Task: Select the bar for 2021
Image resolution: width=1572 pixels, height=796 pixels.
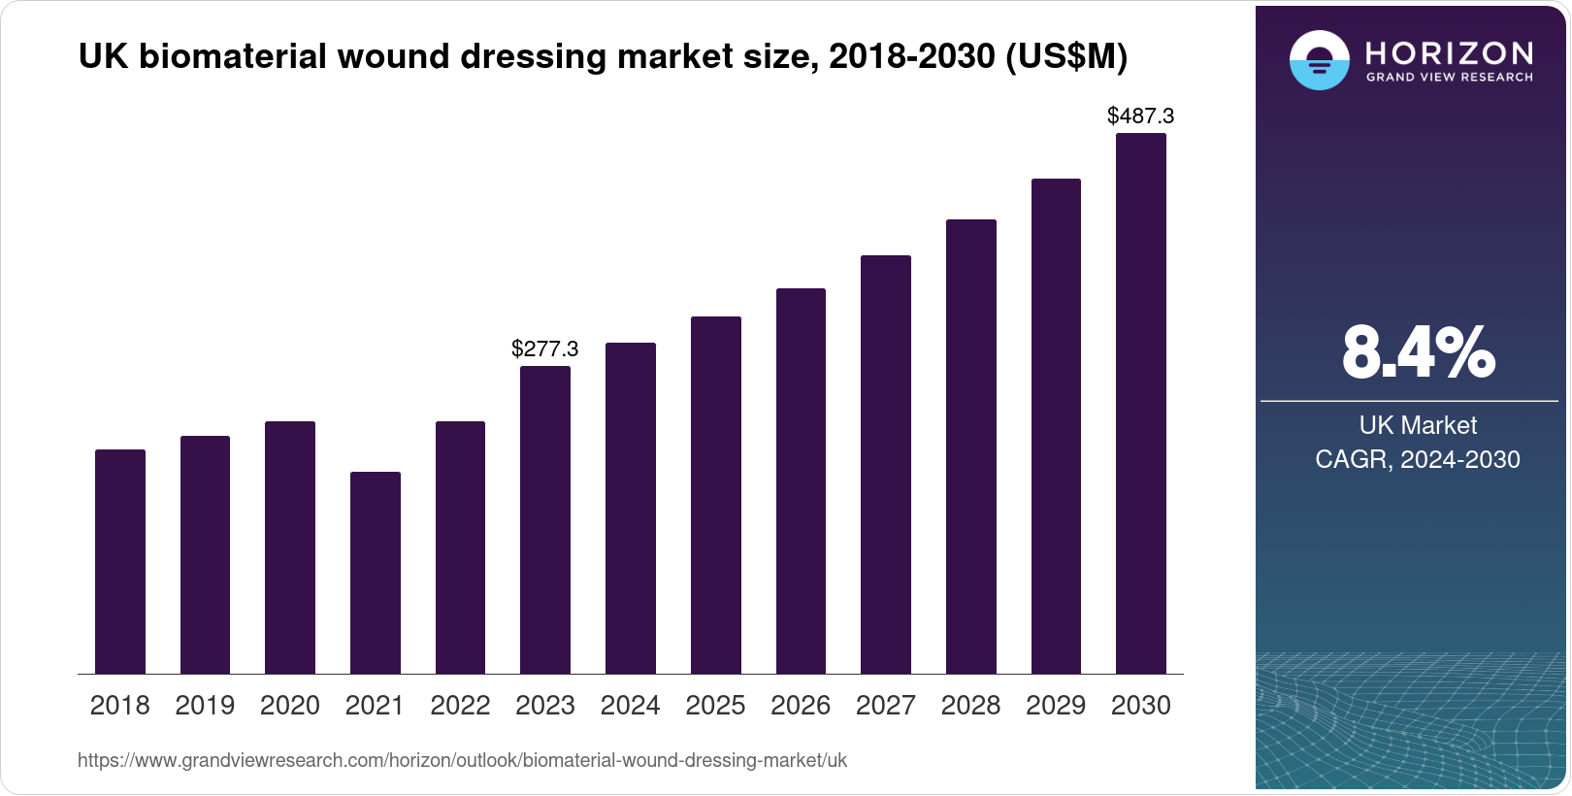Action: click(376, 573)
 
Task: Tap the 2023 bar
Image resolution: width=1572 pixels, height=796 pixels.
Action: click(545, 519)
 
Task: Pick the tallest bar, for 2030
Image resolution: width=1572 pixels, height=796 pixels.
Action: click(1141, 403)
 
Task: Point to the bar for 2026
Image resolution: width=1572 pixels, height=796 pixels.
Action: click(801, 481)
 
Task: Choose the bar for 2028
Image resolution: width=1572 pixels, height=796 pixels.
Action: click(971, 447)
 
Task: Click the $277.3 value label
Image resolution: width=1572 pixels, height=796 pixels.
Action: click(545, 348)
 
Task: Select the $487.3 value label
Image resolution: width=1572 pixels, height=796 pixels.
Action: click(1141, 116)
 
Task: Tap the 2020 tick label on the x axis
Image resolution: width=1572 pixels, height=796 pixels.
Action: click(290, 706)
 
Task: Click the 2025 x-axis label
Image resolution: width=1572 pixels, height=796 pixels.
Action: click(715, 706)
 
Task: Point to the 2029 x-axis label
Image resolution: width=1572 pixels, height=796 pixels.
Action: click(1056, 706)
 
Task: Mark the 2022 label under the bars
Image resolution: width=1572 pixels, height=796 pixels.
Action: click(460, 706)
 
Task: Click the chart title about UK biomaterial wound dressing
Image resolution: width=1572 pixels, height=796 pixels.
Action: click(603, 57)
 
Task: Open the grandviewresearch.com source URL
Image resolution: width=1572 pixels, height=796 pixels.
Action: click(462, 760)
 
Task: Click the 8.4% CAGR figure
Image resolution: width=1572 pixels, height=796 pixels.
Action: click(1418, 353)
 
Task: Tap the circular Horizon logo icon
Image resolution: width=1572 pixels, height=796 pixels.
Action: click(1319, 60)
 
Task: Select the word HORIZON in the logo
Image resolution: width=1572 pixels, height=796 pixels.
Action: click(1450, 52)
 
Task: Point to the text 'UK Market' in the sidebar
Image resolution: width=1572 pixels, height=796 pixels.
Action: click(1418, 425)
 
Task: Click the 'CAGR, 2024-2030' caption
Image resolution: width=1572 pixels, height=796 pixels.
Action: click(1418, 459)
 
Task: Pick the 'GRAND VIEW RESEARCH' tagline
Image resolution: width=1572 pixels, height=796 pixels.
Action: click(1450, 78)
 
